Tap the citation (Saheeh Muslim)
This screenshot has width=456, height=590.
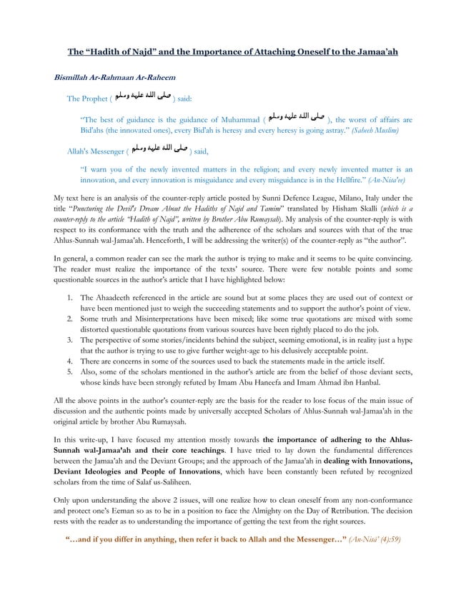pyautogui.click(x=372, y=133)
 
